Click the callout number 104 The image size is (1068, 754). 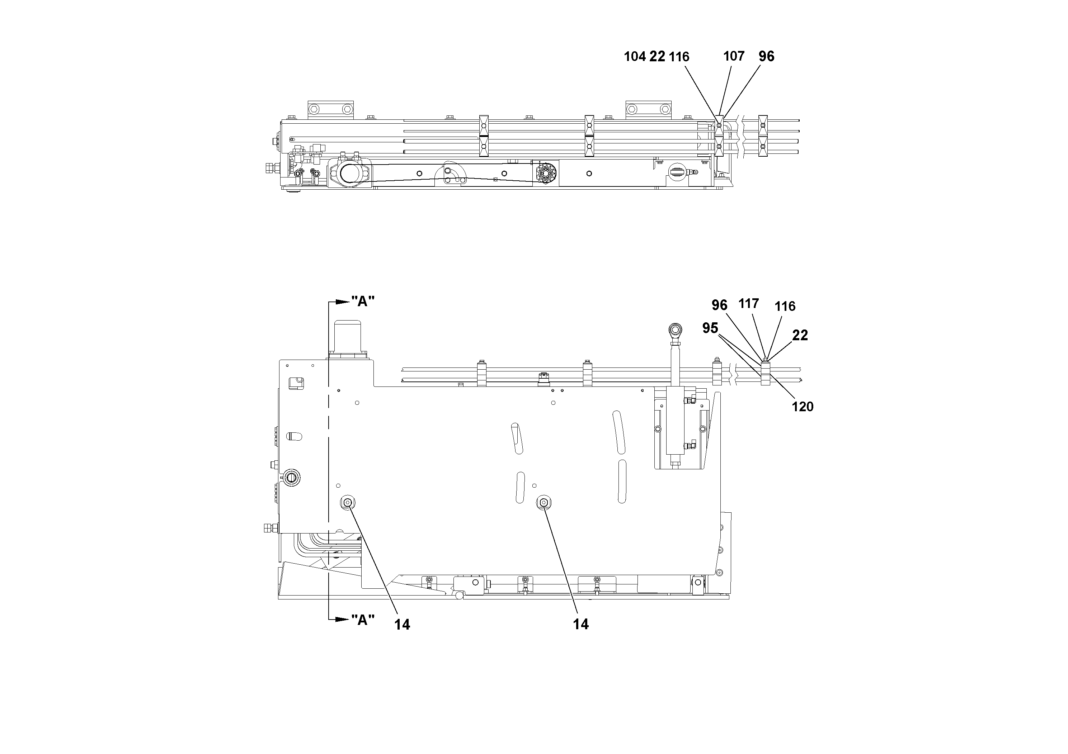[x=635, y=57]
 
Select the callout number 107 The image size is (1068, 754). [x=734, y=56]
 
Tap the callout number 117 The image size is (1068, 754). [x=748, y=304]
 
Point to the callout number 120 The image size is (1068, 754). [x=803, y=407]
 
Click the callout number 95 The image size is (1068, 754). [x=710, y=328]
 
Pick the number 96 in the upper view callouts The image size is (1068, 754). [x=766, y=56]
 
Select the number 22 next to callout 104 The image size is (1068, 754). [x=657, y=57]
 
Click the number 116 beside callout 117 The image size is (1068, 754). [x=785, y=306]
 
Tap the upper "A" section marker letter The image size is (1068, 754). [x=363, y=302]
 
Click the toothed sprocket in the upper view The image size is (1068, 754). [x=546, y=176]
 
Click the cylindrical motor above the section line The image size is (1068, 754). [x=348, y=336]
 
